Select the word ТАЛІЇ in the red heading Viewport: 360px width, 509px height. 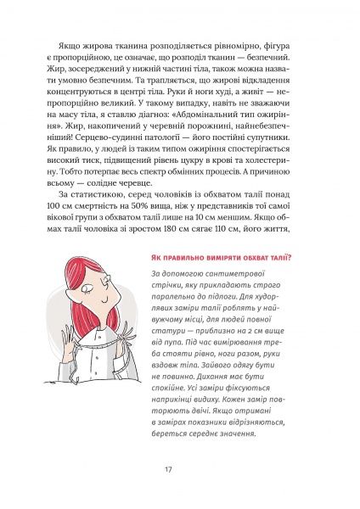(x=270, y=259)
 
